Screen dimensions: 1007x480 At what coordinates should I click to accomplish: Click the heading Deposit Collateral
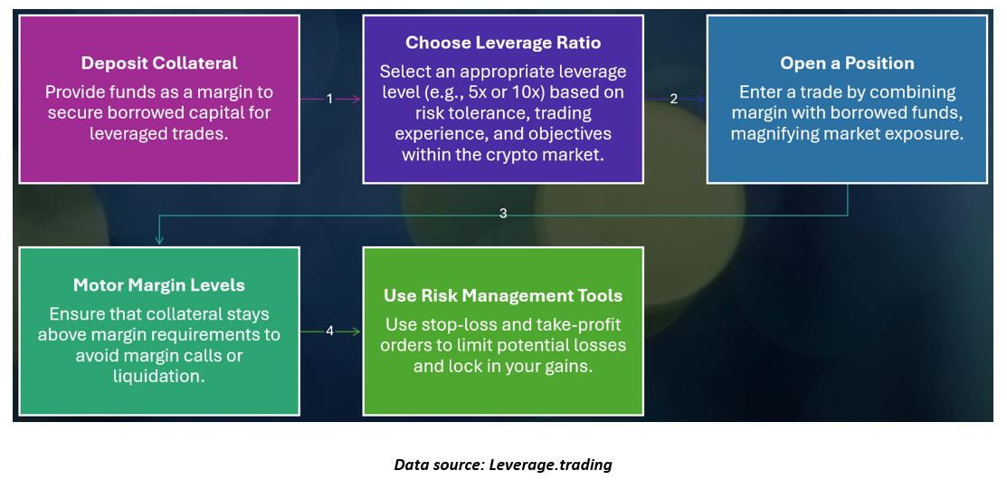tap(159, 63)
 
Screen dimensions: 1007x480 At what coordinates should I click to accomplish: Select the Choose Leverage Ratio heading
tap(503, 43)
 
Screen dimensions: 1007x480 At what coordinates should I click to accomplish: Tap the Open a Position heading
tap(847, 63)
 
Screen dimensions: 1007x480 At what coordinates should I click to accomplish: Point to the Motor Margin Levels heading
tap(159, 284)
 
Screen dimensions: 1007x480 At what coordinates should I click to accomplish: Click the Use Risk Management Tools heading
tap(503, 295)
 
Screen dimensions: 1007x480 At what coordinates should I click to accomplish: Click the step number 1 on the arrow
tap(329, 99)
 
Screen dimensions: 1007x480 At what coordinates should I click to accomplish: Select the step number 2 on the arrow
tap(674, 99)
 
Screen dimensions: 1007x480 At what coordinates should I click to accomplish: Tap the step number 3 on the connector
tap(503, 214)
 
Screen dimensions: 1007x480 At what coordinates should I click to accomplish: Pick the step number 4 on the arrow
tap(329, 331)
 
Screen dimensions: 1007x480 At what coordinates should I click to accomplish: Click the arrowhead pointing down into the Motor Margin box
tap(159, 240)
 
